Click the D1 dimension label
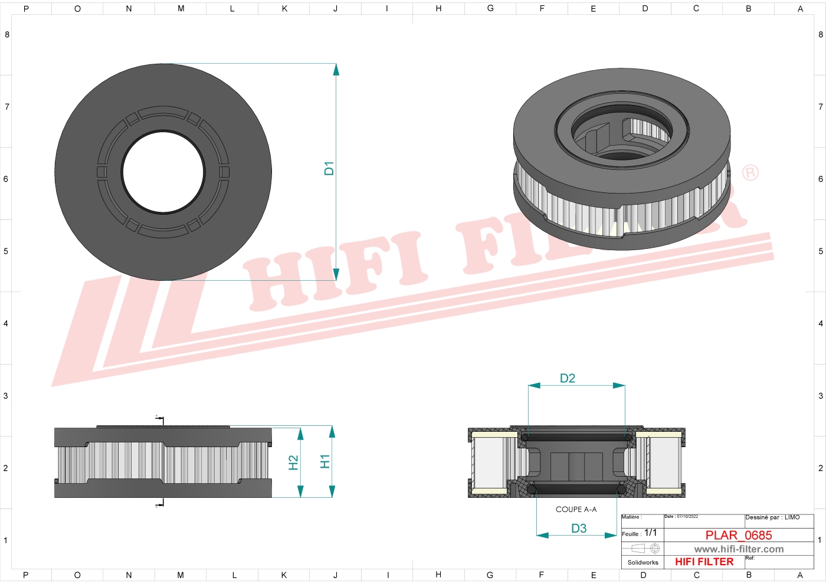[329, 168]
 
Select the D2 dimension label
[567, 378]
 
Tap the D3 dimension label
[579, 529]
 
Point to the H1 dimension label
[324, 461]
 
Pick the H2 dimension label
[293, 462]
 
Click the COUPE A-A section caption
[576, 510]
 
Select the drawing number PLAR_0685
[738, 535]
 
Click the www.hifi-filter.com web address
[739, 549]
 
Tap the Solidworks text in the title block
[643, 563]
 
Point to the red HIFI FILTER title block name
[704, 562]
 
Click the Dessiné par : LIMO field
[772, 517]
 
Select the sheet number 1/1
[650, 533]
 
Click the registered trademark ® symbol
[750, 173]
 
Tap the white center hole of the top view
[163, 172]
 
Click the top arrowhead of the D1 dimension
[336, 70]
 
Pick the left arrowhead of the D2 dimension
[534, 386]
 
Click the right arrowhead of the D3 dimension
[611, 536]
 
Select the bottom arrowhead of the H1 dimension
[332, 491]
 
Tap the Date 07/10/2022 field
[681, 517]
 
